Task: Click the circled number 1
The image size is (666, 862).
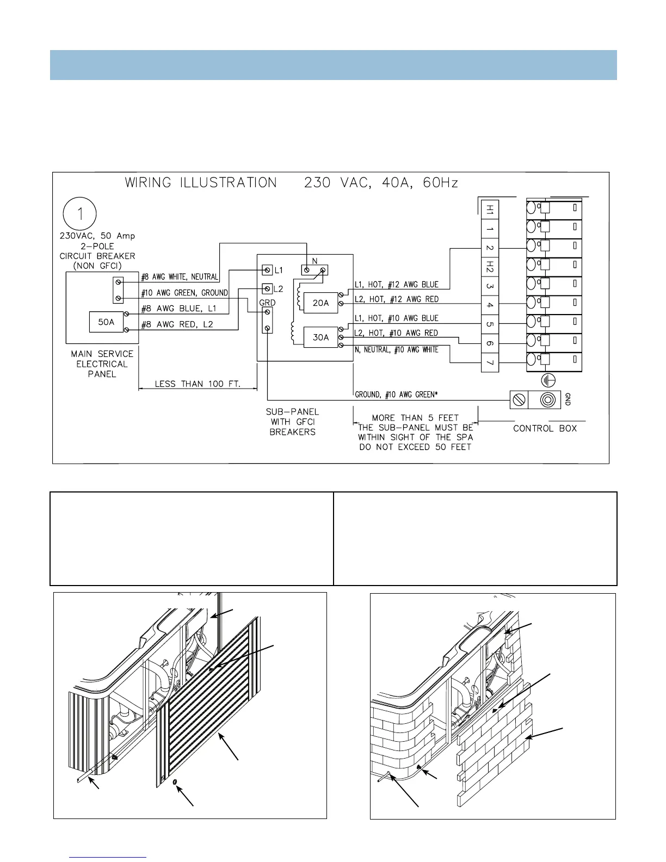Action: [80, 214]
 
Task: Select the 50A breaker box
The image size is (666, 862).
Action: [106, 322]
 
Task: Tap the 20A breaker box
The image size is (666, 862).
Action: [320, 303]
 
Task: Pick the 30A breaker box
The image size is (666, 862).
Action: [320, 337]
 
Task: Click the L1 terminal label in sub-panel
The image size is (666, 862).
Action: [279, 270]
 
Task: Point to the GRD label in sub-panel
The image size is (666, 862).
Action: [267, 303]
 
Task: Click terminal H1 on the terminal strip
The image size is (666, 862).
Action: [490, 209]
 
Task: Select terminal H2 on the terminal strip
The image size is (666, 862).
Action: [490, 267]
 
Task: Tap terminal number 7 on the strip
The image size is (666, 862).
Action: [490, 362]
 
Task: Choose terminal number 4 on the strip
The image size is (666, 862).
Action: [490, 305]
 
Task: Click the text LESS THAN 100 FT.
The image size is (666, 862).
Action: [198, 384]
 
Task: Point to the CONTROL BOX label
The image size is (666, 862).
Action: [545, 428]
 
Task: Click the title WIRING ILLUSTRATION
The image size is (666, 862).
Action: [201, 183]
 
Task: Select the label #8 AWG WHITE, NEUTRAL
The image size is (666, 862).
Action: [180, 277]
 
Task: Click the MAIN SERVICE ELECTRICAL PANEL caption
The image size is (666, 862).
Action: [102, 364]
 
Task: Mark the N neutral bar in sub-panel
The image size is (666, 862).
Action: [314, 270]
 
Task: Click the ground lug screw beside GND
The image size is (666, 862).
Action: [519, 400]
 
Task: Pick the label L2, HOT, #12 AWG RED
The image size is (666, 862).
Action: [396, 299]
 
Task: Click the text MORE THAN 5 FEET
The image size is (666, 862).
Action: [415, 418]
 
